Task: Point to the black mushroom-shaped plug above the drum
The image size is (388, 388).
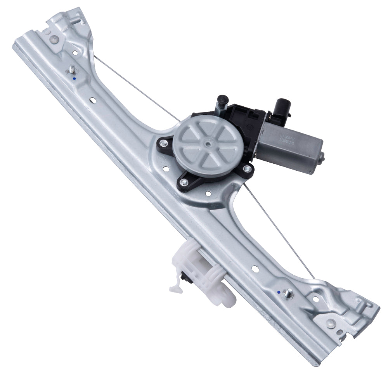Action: (222, 100)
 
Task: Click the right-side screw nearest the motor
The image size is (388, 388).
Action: (246, 168)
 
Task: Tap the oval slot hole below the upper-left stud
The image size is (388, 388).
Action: (94, 100)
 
